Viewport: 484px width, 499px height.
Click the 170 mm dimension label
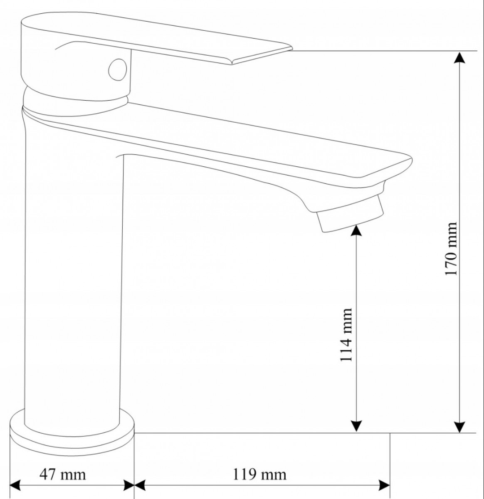pos(451,249)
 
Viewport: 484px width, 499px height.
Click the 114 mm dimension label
pos(346,335)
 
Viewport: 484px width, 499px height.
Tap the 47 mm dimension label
pos(62,474)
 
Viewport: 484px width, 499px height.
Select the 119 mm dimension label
pos(259,474)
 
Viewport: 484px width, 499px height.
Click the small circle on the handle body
pos(118,69)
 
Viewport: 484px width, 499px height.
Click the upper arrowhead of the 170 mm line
pos(460,57)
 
